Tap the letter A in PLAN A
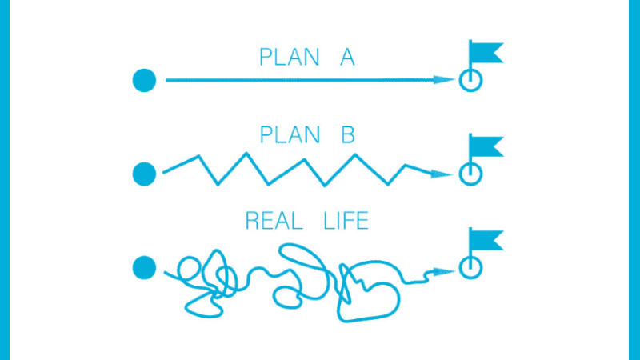pyautogui.click(x=347, y=58)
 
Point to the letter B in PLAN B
pyautogui.click(x=347, y=134)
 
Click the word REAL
pyautogui.click(x=273, y=219)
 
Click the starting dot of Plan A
pyautogui.click(x=143, y=80)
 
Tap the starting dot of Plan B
pyautogui.click(x=143, y=173)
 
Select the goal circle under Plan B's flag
pyautogui.click(x=471, y=173)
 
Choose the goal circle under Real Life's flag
pyautogui.click(x=471, y=268)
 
